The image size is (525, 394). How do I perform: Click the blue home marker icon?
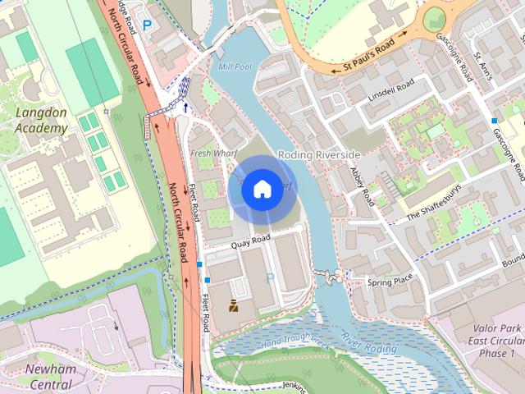262,189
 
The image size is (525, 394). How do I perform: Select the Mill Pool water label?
233,66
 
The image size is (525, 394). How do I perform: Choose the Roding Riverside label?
319,154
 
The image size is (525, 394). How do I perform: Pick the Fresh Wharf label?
208,153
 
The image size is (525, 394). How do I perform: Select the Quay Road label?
250,240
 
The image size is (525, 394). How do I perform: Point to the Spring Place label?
390,282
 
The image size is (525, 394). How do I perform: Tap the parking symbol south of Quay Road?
270,278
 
